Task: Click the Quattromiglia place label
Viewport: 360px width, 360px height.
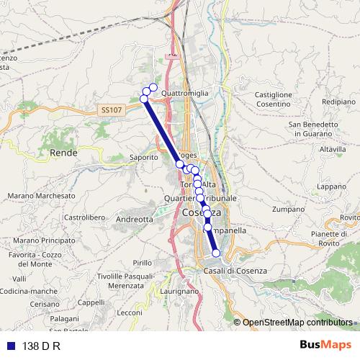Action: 185,93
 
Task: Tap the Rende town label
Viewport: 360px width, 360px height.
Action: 63,153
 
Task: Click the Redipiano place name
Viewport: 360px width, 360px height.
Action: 339,102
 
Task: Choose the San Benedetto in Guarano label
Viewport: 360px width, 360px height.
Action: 313,129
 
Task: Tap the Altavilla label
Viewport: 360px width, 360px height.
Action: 333,149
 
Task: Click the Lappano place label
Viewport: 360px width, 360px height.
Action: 331,186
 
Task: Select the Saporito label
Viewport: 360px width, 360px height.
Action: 143,156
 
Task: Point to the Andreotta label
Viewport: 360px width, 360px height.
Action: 135,219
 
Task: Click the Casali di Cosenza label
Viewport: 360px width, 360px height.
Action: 235,270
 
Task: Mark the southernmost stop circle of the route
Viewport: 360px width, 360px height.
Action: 216,253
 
